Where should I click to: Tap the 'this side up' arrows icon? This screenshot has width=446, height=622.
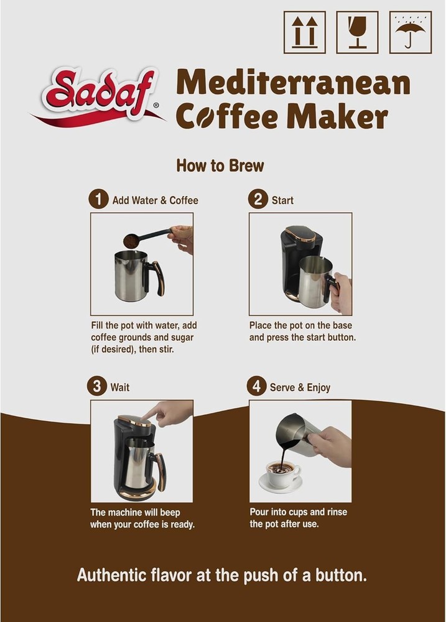[x=305, y=32]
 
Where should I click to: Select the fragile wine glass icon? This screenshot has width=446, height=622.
[x=357, y=32]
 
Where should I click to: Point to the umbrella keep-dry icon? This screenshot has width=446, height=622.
[x=410, y=32]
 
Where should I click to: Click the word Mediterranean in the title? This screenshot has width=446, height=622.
[x=293, y=83]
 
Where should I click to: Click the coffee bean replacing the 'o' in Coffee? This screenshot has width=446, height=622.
[x=203, y=117]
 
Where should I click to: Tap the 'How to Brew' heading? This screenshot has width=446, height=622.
[x=220, y=166]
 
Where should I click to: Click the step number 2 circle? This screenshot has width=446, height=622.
[x=256, y=200]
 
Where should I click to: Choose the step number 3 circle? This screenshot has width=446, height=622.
[x=96, y=386]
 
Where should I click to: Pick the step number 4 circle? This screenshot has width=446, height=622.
[x=256, y=386]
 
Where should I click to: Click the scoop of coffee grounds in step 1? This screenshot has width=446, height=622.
[x=132, y=239]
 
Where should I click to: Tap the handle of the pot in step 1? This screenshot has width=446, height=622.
[x=155, y=277]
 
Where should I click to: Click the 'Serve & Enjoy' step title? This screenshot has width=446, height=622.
[x=300, y=388]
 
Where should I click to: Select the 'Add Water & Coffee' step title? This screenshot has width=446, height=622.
[x=155, y=200]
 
